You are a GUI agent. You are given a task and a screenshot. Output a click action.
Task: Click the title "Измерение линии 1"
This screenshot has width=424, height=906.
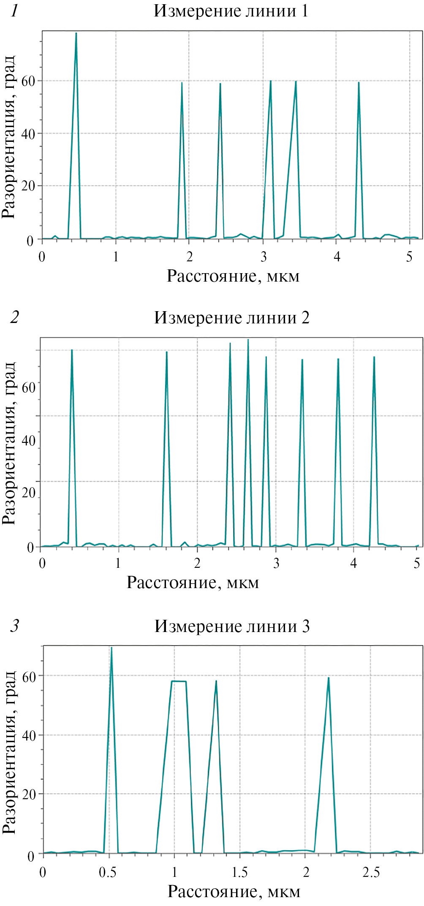[231, 11]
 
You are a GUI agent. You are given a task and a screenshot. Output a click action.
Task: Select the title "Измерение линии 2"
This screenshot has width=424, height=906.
[231, 317]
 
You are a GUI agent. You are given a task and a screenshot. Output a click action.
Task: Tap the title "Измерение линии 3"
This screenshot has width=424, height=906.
[232, 626]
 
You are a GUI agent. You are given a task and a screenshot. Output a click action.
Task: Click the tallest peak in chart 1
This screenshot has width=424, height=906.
[76, 33]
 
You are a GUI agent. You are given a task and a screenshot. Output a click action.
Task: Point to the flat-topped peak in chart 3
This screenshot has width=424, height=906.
[179, 681]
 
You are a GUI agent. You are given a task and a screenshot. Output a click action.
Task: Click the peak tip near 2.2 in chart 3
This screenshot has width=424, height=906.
[328, 678]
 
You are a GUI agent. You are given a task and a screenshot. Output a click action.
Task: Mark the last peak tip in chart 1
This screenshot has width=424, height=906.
[359, 83]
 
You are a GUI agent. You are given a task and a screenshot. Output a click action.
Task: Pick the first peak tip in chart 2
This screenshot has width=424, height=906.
[72, 350]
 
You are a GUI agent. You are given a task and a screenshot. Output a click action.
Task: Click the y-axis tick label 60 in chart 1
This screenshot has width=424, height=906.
[28, 81]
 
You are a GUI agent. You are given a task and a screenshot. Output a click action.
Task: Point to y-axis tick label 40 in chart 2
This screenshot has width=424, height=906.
[28, 440]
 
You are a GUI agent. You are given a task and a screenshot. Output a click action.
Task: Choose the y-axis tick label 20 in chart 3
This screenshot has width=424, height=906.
[29, 794]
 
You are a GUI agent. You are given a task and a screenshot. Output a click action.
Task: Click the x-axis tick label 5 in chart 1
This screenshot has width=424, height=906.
[409, 257]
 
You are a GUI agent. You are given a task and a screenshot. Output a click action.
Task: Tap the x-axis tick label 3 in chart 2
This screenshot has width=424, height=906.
[276, 564]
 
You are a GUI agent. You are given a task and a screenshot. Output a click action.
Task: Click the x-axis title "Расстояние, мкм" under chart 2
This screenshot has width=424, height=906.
[193, 583]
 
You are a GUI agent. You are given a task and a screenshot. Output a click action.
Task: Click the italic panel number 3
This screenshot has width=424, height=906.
[15, 626]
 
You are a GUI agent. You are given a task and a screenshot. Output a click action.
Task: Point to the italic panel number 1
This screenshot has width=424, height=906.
[15, 11]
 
